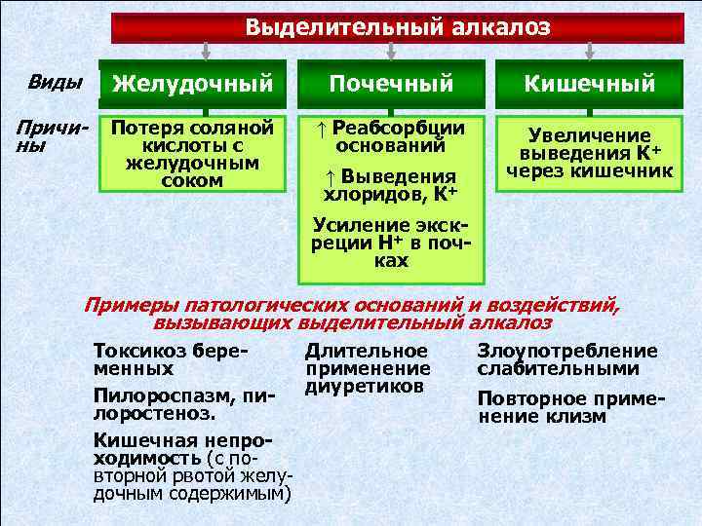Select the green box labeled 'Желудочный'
[192, 85]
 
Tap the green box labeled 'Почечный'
[391, 85]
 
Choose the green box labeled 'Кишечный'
[589, 85]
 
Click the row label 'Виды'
[55, 82]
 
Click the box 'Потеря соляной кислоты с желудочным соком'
[191, 154]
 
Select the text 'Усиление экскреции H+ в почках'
[390, 242]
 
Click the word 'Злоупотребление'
[566, 351]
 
